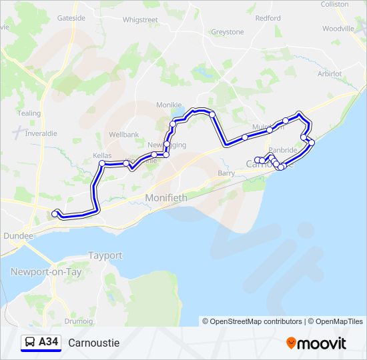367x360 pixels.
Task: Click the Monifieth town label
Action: click(166, 198)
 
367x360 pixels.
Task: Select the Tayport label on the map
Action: click(105, 255)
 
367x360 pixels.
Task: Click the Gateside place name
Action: click(71, 18)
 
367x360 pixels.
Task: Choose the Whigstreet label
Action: click(140, 20)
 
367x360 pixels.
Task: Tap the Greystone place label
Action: click(228, 31)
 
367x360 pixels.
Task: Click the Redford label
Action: click(268, 18)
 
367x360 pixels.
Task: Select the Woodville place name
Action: click(338, 29)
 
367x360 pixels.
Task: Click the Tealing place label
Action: click(29, 113)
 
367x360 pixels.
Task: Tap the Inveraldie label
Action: click(41, 133)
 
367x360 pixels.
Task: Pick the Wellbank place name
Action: click(123, 134)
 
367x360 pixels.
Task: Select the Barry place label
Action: click(226, 173)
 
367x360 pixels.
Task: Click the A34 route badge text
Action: click(49, 342)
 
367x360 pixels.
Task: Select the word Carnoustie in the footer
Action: click(93, 343)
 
